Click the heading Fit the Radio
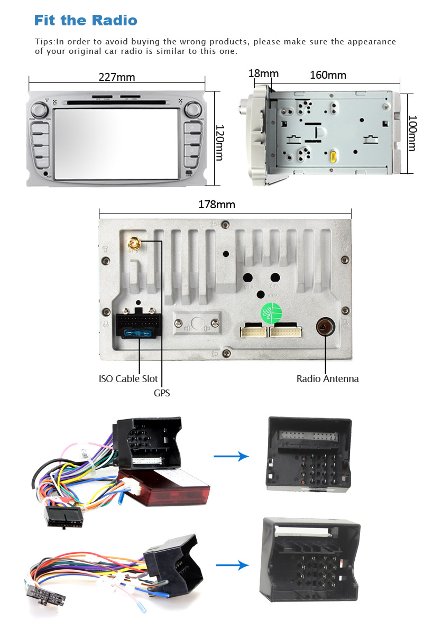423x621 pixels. coord(86,21)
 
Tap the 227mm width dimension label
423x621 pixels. coord(117,77)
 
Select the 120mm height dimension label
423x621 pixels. coord(219,143)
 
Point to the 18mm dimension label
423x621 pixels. coord(263,73)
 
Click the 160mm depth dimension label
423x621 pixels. coord(328,75)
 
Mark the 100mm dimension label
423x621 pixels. coord(412,133)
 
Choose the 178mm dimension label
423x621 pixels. coord(217,205)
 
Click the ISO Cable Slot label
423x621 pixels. coord(128,378)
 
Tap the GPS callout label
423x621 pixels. coord(162,393)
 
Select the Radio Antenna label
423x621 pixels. coord(327,378)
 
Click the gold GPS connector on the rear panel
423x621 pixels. coord(133,244)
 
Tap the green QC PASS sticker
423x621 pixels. coord(269,313)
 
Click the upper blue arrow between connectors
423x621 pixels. coord(231,456)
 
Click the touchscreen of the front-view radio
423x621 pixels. coord(117,143)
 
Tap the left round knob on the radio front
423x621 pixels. coord(38,110)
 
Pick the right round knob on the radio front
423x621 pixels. coord(193,110)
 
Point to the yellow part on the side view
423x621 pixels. coord(334,156)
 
